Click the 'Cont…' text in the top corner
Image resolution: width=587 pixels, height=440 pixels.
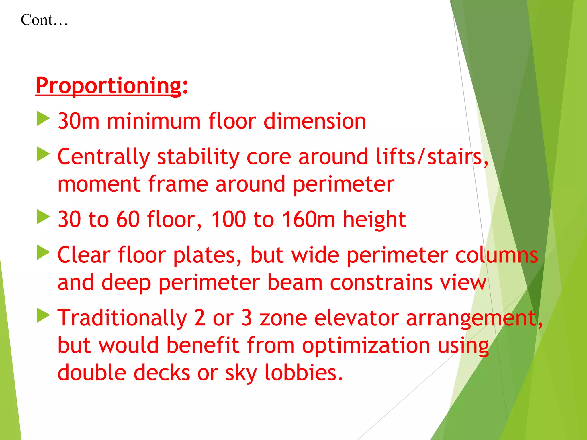click(x=44, y=20)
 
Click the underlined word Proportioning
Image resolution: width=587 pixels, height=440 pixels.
click(x=108, y=85)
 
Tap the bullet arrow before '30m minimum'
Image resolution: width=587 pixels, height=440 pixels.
click(x=43, y=119)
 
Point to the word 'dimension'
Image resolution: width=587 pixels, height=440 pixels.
click(x=314, y=121)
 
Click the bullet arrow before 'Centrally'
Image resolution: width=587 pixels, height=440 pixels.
click(x=43, y=154)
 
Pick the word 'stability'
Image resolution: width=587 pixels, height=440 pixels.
click(x=198, y=157)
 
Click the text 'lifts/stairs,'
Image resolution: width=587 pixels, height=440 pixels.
click(x=432, y=157)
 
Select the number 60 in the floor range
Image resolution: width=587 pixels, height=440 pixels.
click(x=128, y=219)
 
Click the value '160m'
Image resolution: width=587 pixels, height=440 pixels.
click(x=308, y=219)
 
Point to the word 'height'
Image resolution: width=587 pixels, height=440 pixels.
click(x=374, y=219)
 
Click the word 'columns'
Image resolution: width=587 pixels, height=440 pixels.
click(x=496, y=255)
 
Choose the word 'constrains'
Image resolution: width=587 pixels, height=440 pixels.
click(x=381, y=282)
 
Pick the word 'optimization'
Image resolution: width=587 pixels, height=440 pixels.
click(x=366, y=345)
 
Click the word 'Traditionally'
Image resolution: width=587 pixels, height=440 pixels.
click(x=122, y=318)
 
